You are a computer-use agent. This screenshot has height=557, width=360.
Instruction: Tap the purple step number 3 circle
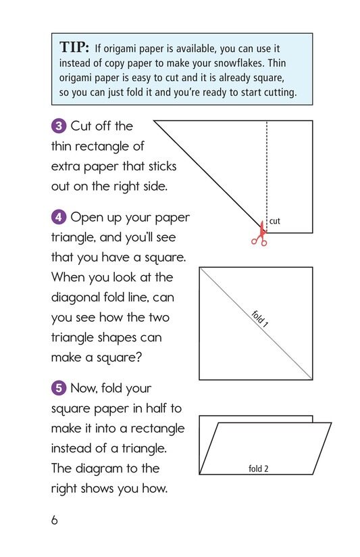click(x=59, y=126)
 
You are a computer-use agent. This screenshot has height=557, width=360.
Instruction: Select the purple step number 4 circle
click(x=59, y=218)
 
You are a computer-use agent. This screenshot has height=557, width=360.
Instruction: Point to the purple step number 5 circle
click(x=59, y=389)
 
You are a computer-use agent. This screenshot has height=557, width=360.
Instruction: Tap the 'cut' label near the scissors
click(x=275, y=221)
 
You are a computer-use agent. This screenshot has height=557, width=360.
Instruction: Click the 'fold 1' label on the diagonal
click(x=261, y=318)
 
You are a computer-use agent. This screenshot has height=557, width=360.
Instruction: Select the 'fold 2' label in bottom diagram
click(x=259, y=468)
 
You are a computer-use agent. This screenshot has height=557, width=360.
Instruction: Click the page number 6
click(x=55, y=520)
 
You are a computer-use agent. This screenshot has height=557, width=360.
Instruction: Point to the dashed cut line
click(x=267, y=169)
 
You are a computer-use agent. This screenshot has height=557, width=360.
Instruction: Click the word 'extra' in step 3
click(x=66, y=166)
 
